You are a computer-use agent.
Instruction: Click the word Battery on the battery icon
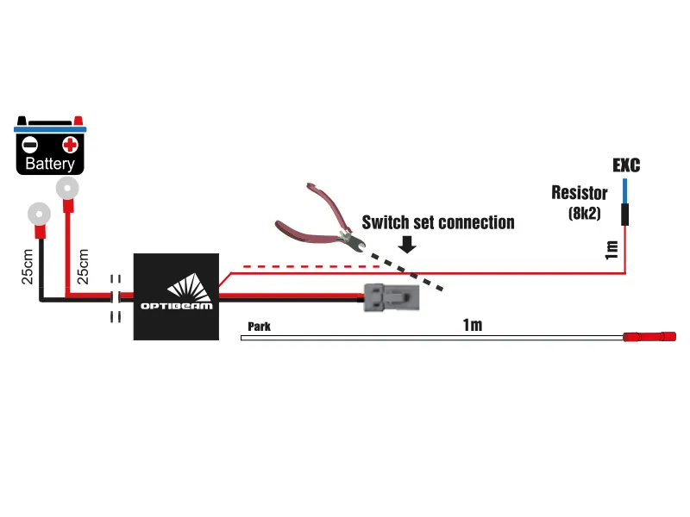[x=50, y=164]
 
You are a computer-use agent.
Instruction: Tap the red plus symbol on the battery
[x=71, y=144]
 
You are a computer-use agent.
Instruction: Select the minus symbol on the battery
[x=29, y=144]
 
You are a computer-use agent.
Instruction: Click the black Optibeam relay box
[x=176, y=296]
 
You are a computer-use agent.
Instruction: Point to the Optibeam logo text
[x=176, y=305]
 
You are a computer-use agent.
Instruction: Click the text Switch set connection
[x=437, y=222]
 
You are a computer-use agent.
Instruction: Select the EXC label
[x=626, y=165]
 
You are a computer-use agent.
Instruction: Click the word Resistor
[x=580, y=193]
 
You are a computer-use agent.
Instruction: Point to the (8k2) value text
[x=586, y=211]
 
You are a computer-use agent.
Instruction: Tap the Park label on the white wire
[x=260, y=327]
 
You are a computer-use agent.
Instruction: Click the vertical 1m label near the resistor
[x=612, y=250]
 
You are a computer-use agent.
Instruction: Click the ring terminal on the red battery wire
[x=66, y=189]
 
